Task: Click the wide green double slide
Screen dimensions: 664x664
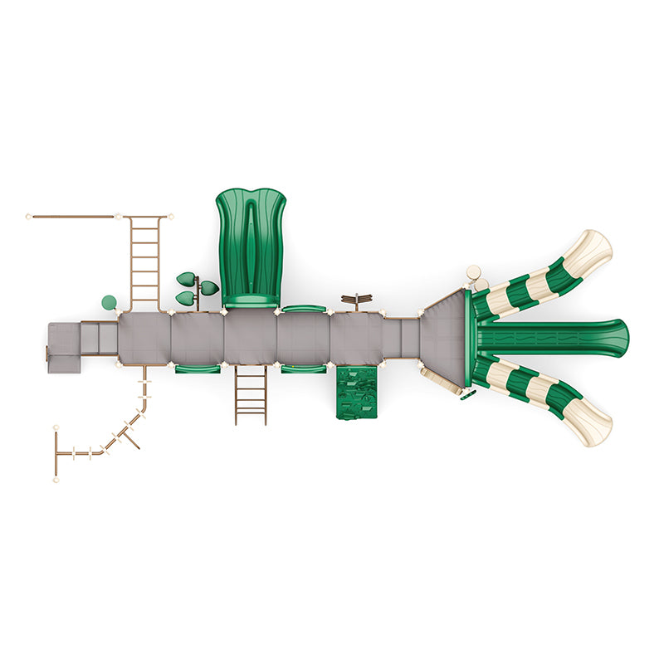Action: tap(251, 245)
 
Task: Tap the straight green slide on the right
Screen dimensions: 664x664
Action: tap(552, 338)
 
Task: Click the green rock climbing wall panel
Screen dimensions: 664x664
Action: tap(356, 393)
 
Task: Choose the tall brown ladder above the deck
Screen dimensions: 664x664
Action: tap(145, 260)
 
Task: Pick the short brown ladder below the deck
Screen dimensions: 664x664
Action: tap(251, 395)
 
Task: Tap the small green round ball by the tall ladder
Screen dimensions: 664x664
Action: tap(109, 302)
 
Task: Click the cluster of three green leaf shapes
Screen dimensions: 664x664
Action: tap(196, 287)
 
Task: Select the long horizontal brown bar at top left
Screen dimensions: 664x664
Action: tap(72, 217)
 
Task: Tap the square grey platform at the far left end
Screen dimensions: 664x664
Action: tap(62, 348)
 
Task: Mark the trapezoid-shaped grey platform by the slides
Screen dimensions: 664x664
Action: tap(447, 337)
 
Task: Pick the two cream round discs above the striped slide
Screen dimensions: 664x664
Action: tap(476, 277)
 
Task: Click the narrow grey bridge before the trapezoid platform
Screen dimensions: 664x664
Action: tap(402, 338)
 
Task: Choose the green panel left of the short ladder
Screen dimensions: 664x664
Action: tap(198, 369)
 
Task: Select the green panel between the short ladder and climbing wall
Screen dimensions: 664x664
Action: tap(303, 369)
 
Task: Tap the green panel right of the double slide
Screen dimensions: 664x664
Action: tap(303, 309)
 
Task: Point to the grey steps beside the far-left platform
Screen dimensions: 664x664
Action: tap(99, 337)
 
